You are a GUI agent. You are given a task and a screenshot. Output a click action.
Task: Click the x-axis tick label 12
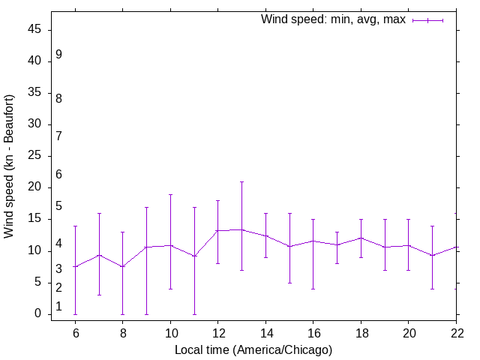(218, 333)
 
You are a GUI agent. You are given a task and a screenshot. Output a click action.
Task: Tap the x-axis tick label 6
(75, 333)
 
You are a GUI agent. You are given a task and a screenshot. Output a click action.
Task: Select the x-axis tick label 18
(361, 333)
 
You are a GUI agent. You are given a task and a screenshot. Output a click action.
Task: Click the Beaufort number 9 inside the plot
(58, 55)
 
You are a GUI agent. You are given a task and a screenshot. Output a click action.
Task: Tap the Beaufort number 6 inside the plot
(58, 175)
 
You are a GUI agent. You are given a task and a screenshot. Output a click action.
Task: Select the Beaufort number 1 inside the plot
(58, 307)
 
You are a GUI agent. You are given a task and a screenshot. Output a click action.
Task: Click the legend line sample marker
(427, 20)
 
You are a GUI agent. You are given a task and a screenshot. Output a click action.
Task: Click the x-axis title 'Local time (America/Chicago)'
(253, 349)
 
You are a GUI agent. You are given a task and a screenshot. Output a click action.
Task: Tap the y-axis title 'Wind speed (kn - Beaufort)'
(9, 166)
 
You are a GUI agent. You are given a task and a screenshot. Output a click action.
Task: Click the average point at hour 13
(242, 229)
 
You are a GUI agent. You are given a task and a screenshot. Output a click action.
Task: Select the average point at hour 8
(123, 266)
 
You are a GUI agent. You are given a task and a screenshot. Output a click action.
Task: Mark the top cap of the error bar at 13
(242, 181)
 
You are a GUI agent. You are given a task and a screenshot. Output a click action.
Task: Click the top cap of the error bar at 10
(170, 194)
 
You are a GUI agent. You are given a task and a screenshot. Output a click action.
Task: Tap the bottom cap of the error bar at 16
(313, 289)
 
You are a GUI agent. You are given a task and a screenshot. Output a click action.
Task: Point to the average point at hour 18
(361, 238)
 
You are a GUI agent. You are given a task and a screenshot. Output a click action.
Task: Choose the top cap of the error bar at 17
(337, 232)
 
